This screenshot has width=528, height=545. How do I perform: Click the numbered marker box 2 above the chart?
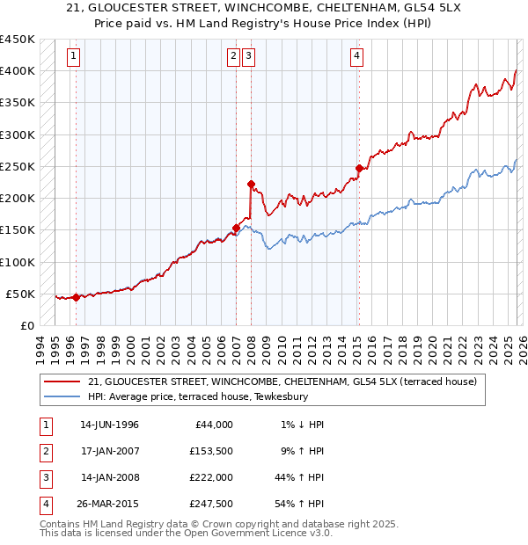click(234, 56)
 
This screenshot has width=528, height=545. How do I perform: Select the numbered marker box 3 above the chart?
click(249, 56)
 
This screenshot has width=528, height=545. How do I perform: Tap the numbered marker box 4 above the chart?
click(356, 56)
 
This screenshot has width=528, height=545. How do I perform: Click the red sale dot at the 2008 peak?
click(251, 185)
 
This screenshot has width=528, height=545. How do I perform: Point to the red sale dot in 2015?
click(359, 168)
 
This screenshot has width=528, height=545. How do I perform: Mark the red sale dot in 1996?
click(76, 297)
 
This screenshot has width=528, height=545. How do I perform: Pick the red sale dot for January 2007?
click(236, 228)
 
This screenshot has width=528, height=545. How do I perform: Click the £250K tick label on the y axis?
click(17, 166)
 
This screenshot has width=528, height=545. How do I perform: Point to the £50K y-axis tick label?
click(20, 294)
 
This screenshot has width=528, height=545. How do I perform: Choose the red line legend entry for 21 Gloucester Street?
click(282, 381)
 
